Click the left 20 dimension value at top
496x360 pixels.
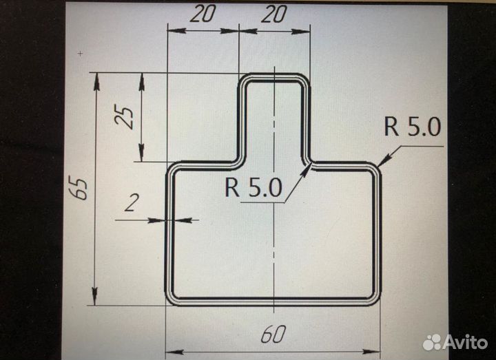click(x=203, y=14)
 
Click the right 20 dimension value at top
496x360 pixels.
click(x=274, y=14)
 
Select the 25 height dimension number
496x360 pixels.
click(x=124, y=118)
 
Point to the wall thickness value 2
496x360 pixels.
click(x=132, y=202)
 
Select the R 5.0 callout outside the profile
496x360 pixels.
click(x=412, y=127)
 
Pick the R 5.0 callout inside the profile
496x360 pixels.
click(x=253, y=187)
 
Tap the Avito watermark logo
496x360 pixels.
click(x=455, y=341)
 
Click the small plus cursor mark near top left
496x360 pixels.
click(x=81, y=54)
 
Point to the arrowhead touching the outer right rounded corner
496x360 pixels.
click(x=384, y=160)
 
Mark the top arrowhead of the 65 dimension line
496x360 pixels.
click(x=96, y=81)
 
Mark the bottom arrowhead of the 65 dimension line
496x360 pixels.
click(x=94, y=296)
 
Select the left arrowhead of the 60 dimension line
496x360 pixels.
click(x=174, y=352)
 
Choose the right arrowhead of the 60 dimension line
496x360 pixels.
click(x=371, y=352)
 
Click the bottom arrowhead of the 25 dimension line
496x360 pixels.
click(x=141, y=153)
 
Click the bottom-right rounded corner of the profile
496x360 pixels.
click(x=376, y=300)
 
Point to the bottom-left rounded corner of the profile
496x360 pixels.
click(x=170, y=300)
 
